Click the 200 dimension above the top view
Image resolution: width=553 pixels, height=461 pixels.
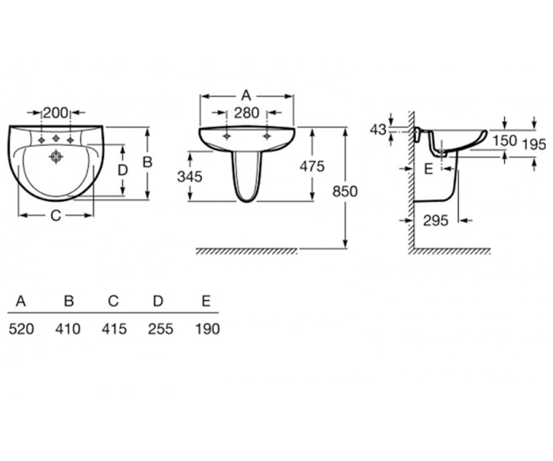point(56,113)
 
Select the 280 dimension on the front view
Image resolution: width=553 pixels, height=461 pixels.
point(247,113)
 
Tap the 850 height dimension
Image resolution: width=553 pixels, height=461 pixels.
point(345,191)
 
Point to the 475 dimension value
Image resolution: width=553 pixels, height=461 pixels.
point(312,166)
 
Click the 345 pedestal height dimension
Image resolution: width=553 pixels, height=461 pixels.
point(189,177)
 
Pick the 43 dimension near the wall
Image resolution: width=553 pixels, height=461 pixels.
point(378,130)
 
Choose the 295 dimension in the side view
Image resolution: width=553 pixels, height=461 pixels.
point(435,220)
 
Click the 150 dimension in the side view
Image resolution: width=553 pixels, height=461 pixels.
point(505,141)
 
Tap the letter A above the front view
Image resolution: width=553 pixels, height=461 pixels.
point(246,95)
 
